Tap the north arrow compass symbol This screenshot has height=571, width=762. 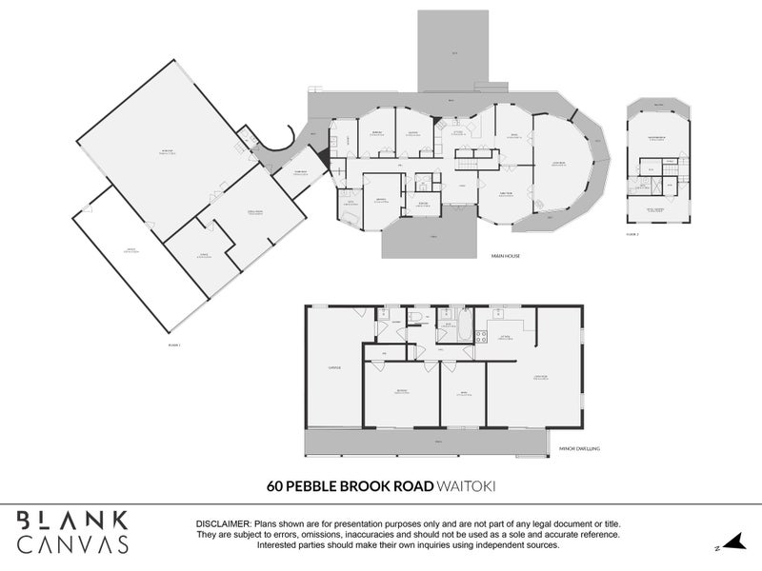pos(732,544)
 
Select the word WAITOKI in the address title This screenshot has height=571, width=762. pos(466,484)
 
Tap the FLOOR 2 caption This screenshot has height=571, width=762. pos(632,232)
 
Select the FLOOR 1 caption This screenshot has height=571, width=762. pos(172,345)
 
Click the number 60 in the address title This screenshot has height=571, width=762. pos(275,484)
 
